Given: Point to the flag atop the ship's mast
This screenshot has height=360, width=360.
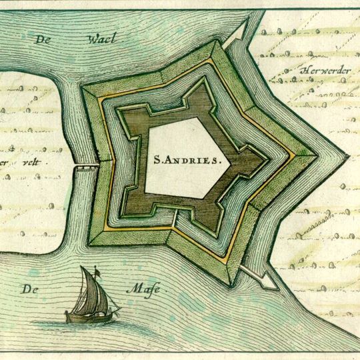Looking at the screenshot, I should [x=96, y=271].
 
